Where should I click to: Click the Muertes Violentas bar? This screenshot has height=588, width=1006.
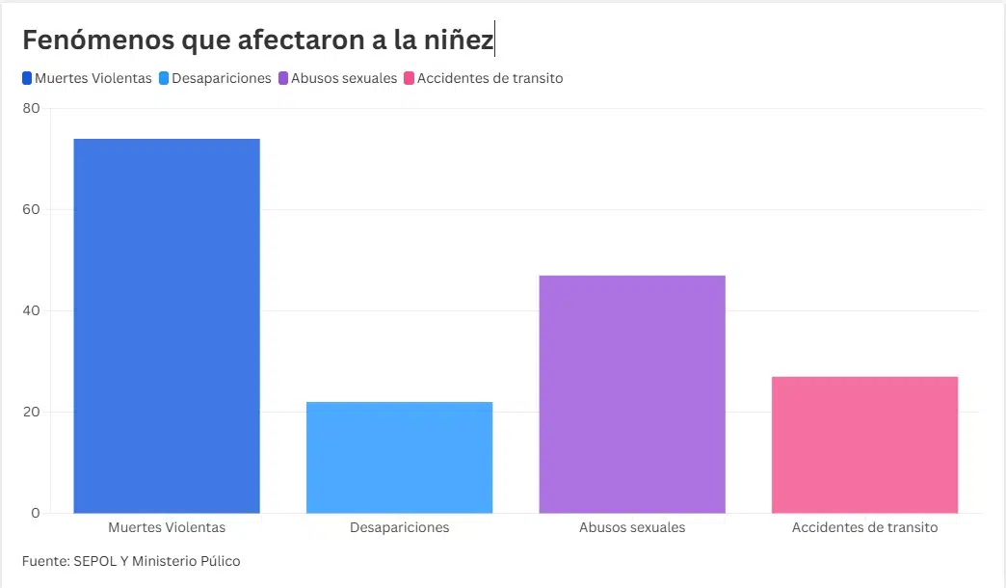tap(167, 326)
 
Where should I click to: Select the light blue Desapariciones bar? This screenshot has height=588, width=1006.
tap(399, 457)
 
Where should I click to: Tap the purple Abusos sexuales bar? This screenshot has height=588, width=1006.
tap(632, 394)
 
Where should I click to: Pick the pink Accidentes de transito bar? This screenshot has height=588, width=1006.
tap(864, 444)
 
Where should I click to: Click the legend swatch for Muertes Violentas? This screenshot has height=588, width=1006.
tap(27, 78)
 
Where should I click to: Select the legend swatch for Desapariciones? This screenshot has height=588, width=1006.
tap(164, 78)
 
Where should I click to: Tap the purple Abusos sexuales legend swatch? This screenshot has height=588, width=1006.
tap(283, 78)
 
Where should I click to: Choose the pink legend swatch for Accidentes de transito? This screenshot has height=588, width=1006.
tap(410, 78)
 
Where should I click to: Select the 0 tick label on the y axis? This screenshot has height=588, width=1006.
tap(35, 514)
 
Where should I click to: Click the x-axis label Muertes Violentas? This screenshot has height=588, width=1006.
tap(167, 527)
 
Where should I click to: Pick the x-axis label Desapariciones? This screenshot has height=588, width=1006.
tap(399, 527)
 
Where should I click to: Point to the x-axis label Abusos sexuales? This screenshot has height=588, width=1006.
tap(632, 527)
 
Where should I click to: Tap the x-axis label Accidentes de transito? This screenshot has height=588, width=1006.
tap(864, 527)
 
